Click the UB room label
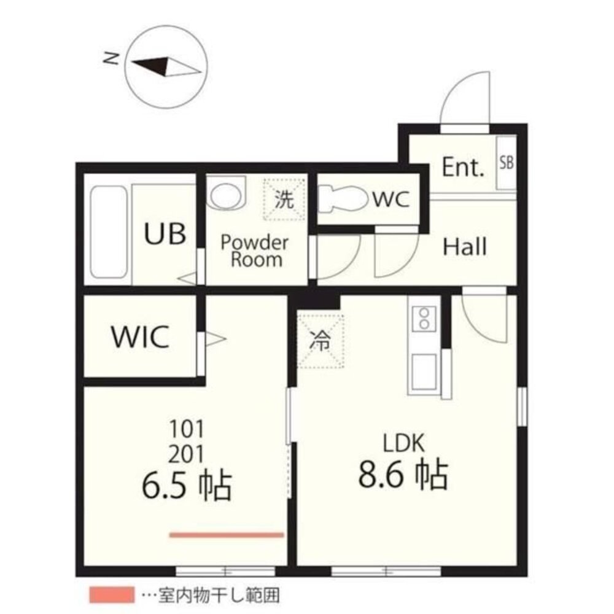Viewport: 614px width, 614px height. coord(165,234)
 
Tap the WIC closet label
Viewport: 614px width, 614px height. coord(141,336)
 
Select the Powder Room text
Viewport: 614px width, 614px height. coord(255,251)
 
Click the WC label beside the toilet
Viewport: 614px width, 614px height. coord(391,199)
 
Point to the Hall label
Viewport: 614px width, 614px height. coord(465,247)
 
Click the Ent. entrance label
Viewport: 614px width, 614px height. coord(463,167)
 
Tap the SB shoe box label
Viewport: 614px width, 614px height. coord(507,162)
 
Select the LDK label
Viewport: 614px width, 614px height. coord(403,444)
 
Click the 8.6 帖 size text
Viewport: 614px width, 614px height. coord(403,475)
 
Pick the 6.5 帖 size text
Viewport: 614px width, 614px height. coord(187,486)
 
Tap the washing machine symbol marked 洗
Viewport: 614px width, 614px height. coord(284,199)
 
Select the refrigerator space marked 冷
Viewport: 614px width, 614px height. coord(321,340)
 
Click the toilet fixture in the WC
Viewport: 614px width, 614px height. coord(343,199)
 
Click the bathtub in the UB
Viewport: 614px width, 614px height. coord(109,232)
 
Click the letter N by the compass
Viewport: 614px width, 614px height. coord(111,58)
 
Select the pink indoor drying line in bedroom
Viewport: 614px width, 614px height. coord(227,535)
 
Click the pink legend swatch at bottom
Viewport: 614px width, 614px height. coord(112,595)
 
